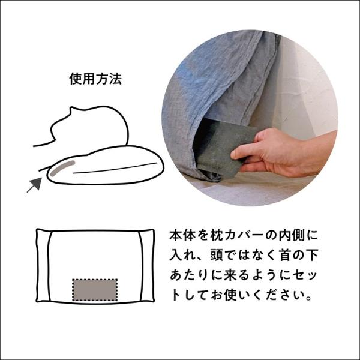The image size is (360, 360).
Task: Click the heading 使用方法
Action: (x=95, y=79)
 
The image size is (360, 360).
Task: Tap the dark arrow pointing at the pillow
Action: (x=35, y=184)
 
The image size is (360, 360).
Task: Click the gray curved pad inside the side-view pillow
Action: (x=62, y=168)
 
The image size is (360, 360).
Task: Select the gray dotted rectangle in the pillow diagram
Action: (x=95, y=290)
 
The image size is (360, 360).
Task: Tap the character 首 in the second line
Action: (x=285, y=255)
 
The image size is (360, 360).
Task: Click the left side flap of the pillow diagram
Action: (x=43, y=265)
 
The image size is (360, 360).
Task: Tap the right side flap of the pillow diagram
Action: (x=147, y=265)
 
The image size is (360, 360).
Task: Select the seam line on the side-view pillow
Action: (x=115, y=168)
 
